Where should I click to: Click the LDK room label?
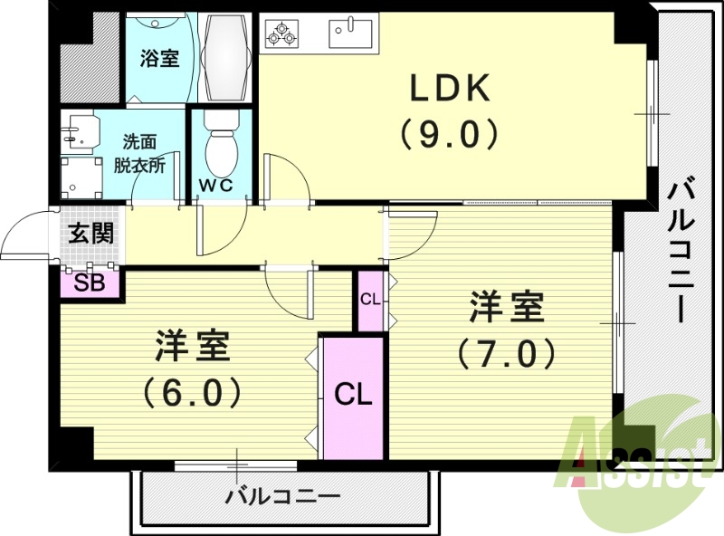[x=450, y=89]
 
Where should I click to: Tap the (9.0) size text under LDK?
[x=450, y=134]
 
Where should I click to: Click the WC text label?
[x=216, y=186]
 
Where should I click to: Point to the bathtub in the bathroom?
[x=225, y=59]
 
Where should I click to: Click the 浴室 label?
[x=159, y=59]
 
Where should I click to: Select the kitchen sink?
[x=350, y=34]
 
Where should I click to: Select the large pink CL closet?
[x=353, y=396]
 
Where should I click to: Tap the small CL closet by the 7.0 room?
[x=370, y=300]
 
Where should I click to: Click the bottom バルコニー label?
[x=282, y=497]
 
